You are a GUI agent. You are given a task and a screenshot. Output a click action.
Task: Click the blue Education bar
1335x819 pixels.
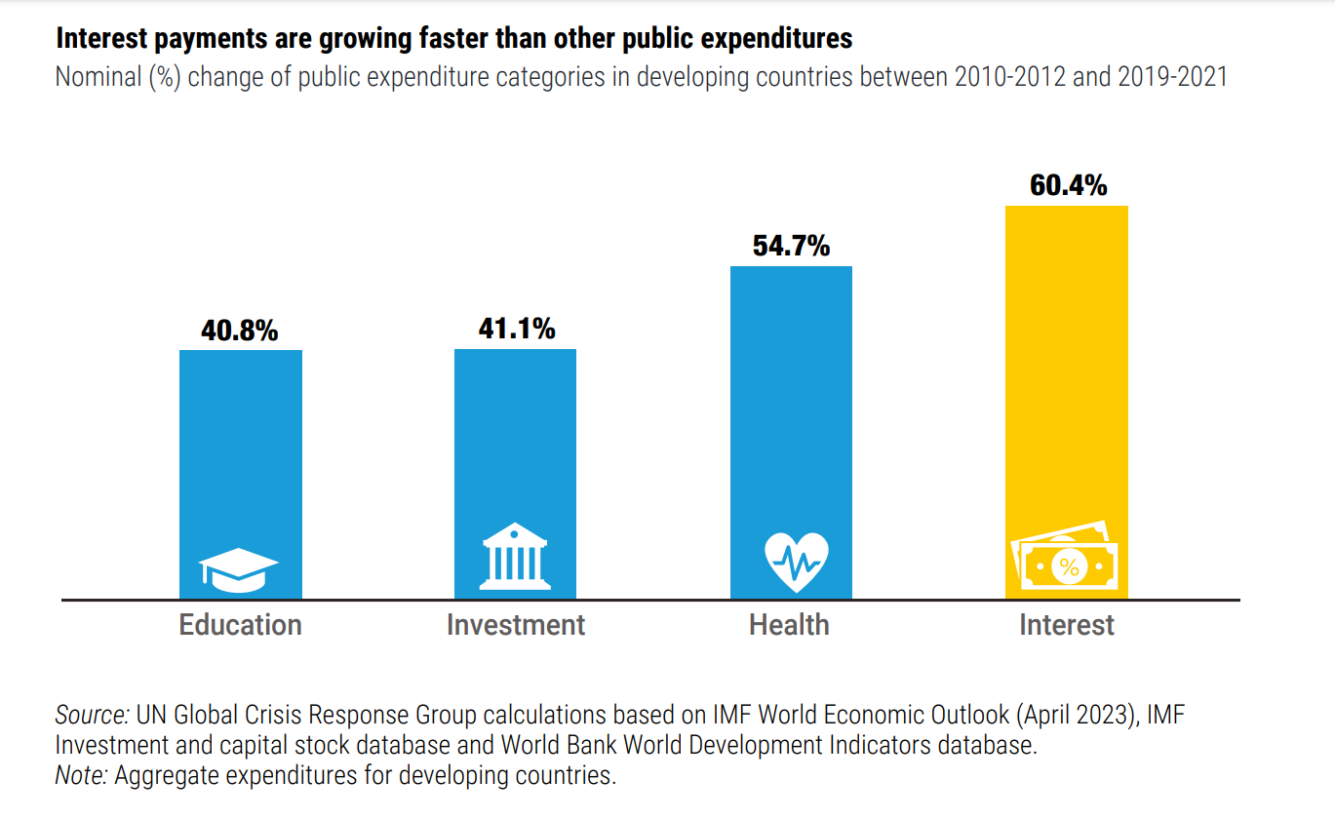pyautogui.click(x=241, y=448)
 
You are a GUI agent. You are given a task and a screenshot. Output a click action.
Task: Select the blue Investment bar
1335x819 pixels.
pyautogui.click(x=515, y=448)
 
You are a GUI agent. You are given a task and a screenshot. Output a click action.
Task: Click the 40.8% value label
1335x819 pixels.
pyautogui.click(x=240, y=331)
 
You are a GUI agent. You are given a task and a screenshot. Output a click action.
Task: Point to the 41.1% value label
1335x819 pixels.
pyautogui.click(x=516, y=329)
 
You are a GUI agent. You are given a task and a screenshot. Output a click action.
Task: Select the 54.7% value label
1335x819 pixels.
pyautogui.click(x=791, y=246)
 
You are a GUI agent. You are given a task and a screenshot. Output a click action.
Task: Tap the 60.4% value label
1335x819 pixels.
pyautogui.click(x=1068, y=185)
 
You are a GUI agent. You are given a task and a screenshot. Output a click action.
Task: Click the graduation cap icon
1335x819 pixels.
pyautogui.click(x=239, y=570)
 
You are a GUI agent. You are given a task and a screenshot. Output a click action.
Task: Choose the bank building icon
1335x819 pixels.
pyautogui.click(x=514, y=559)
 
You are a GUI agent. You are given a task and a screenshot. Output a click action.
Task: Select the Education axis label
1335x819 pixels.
pyautogui.click(x=240, y=625)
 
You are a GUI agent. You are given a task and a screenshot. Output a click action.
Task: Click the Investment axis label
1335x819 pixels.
pyautogui.click(x=515, y=625)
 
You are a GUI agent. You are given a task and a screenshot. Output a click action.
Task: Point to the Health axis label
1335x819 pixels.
pyautogui.click(x=789, y=625)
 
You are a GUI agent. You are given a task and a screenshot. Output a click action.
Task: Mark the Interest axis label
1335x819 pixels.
pyautogui.click(x=1067, y=625)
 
